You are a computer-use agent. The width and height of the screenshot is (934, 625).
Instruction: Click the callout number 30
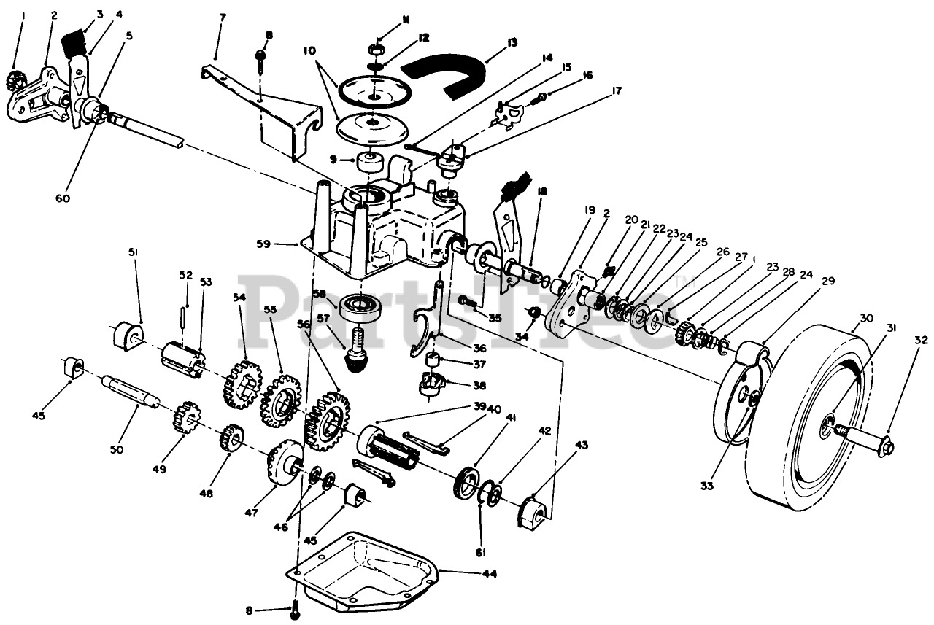click(x=865, y=318)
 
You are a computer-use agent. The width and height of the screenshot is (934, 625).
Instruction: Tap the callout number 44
click(x=489, y=575)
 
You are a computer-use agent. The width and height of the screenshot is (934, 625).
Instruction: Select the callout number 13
click(x=512, y=42)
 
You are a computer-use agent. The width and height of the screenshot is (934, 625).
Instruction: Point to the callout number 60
click(x=63, y=198)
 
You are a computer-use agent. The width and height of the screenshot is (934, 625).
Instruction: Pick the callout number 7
click(x=223, y=17)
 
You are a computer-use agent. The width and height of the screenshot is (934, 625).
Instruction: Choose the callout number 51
click(x=133, y=252)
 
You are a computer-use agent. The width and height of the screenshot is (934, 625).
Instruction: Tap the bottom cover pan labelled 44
click(x=365, y=569)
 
